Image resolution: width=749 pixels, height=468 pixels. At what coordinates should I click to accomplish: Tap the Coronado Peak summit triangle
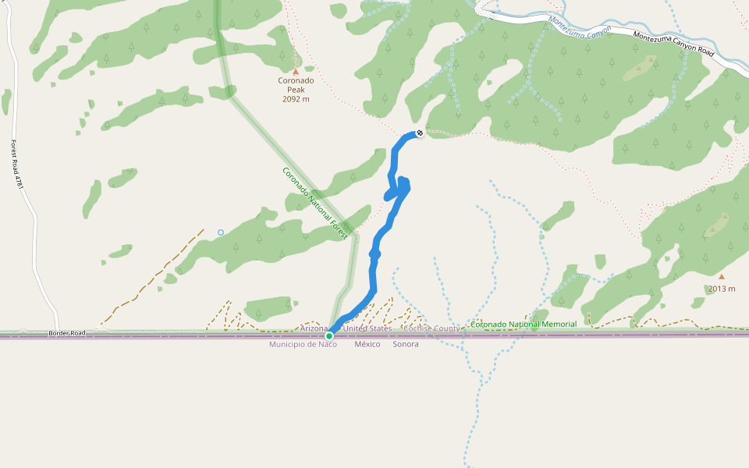pyautogui.click(x=296, y=72)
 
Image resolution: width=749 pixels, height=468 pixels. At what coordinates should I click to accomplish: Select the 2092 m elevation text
pyautogui.click(x=296, y=99)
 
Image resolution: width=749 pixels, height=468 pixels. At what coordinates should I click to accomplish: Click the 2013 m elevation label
pyautogui.click(x=722, y=289)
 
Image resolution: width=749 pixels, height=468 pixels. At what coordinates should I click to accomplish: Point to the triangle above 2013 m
pyautogui.click(x=722, y=276)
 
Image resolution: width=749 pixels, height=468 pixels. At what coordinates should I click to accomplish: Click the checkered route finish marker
pyautogui.click(x=420, y=133)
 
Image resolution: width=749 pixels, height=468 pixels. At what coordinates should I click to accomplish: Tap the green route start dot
pyautogui.click(x=329, y=336)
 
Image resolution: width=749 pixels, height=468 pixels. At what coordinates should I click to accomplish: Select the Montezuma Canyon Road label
pyautogui.click(x=673, y=43)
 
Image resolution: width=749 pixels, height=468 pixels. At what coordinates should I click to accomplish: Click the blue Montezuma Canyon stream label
pyautogui.click(x=579, y=29)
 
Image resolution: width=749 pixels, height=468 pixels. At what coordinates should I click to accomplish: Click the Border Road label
pyautogui.click(x=66, y=333)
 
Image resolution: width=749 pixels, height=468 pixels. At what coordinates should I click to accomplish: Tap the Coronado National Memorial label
pyautogui.click(x=524, y=324)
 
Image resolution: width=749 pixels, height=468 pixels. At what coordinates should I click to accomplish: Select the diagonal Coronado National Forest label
pyautogui.click(x=315, y=203)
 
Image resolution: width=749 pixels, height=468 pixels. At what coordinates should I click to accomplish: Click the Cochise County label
pyautogui.click(x=431, y=328)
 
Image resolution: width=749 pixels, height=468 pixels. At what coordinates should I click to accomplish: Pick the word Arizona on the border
pyautogui.click(x=314, y=328)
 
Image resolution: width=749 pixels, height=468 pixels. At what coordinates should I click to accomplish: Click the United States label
pyautogui.click(x=367, y=328)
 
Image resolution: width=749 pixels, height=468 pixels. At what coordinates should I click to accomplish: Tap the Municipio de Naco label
pyautogui.click(x=303, y=344)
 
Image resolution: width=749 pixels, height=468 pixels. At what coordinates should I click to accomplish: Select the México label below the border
pyautogui.click(x=367, y=344)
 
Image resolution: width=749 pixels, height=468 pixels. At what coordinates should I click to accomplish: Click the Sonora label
pyautogui.click(x=406, y=344)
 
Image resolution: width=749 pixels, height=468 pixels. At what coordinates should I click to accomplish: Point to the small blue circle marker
pyautogui.click(x=221, y=232)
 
